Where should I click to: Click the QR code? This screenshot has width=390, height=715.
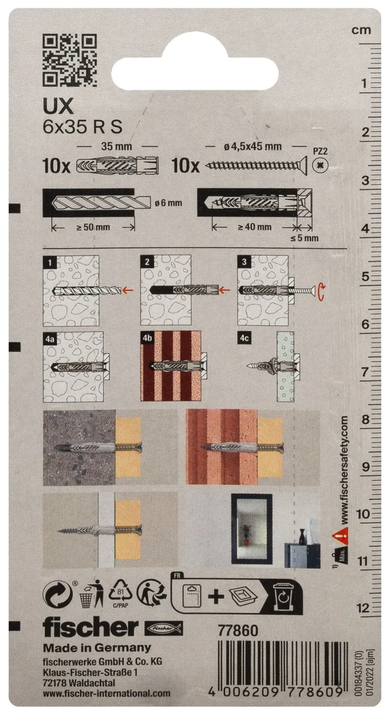[69, 61]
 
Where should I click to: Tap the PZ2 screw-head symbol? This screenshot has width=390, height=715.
[320, 165]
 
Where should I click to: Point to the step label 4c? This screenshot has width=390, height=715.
[244, 338]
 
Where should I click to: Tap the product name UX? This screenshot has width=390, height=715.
[58, 108]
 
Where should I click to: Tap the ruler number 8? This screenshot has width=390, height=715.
[365, 420]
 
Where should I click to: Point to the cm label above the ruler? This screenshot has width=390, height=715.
[361, 30]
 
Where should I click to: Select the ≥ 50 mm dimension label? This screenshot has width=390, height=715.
[94, 227]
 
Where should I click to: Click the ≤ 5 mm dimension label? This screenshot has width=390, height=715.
[305, 238]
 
